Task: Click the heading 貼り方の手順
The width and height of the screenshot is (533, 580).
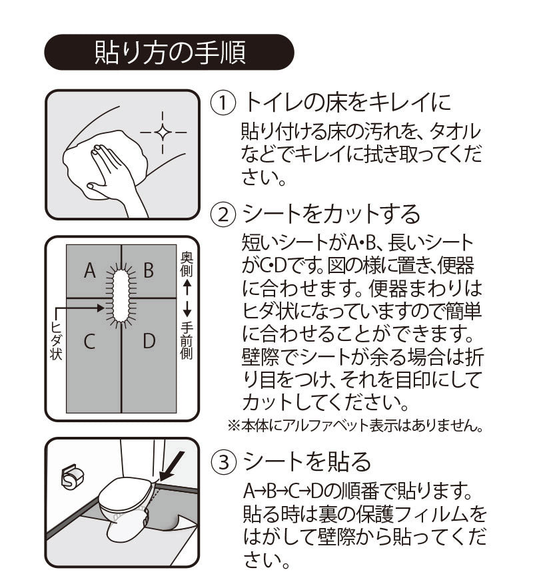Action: [x=169, y=52]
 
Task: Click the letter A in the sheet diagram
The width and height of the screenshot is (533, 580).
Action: [x=91, y=270]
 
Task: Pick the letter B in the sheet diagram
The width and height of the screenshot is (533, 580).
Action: [x=149, y=270]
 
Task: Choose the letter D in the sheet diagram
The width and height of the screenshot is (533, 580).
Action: [x=149, y=342]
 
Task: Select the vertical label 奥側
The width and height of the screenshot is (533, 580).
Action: [x=187, y=264]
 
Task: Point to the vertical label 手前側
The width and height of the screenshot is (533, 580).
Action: [x=187, y=340]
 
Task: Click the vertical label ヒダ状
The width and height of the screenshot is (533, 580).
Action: [x=56, y=340]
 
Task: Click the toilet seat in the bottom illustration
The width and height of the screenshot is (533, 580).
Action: [x=124, y=493]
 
